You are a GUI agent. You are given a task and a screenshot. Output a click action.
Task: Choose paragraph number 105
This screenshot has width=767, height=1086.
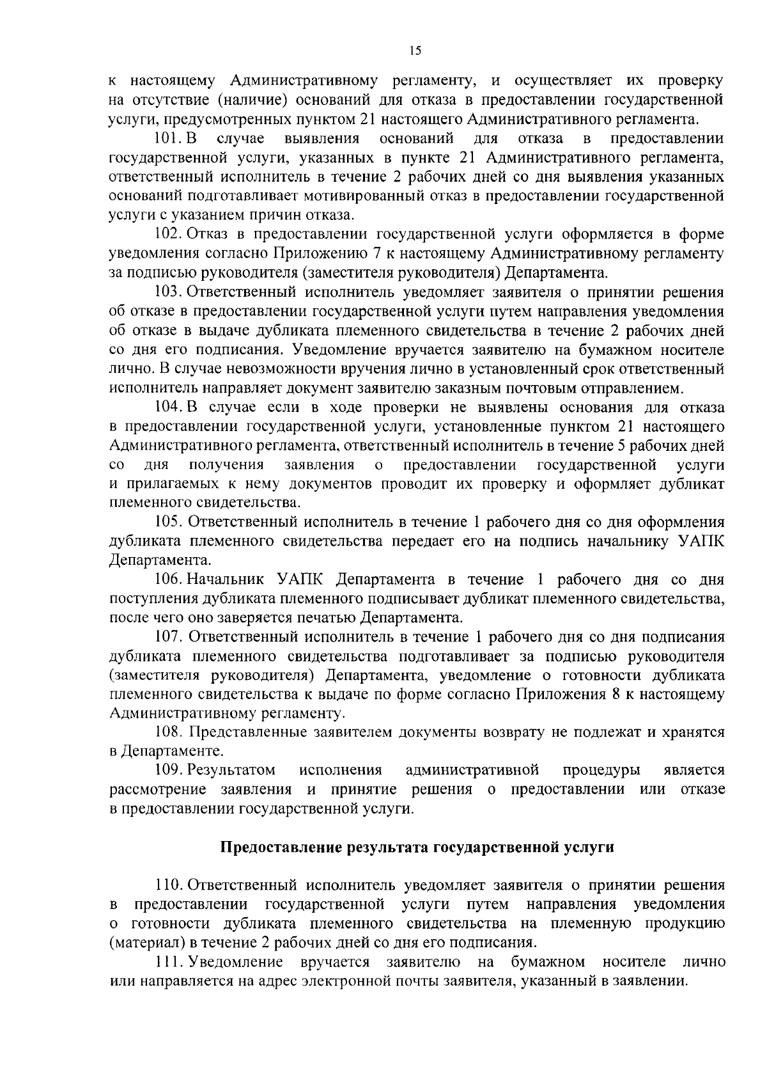[x=170, y=522]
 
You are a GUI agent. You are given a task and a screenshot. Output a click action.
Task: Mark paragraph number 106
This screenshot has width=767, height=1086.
[x=170, y=579]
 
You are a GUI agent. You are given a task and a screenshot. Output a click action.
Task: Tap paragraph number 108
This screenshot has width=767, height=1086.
[x=170, y=732]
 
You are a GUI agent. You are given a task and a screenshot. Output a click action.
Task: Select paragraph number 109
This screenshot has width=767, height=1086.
[x=170, y=769]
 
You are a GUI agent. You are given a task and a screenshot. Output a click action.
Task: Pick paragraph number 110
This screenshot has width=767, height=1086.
[x=170, y=885]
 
